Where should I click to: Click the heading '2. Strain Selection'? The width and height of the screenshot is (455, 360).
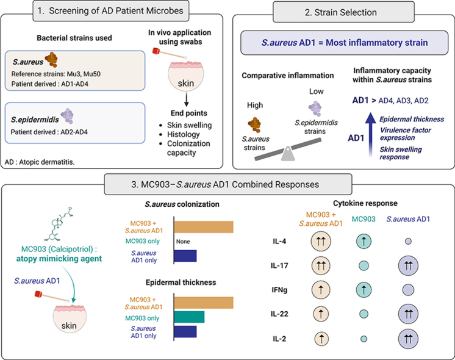[x=341, y=12]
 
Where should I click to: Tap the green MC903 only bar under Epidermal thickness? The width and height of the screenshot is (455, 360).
[x=190, y=317]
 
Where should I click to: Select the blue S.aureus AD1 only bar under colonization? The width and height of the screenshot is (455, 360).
[x=185, y=256]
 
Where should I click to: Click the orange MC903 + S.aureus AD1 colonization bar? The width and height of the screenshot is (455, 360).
[x=204, y=227]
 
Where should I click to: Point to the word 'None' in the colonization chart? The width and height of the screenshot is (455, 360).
[x=183, y=242]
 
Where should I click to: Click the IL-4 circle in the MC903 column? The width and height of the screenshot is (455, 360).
[x=364, y=241]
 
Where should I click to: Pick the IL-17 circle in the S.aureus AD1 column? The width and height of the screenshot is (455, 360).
[x=408, y=265]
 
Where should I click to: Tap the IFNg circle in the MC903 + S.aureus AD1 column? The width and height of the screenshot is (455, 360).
[x=321, y=290]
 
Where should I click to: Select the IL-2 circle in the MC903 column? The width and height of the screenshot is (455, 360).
[x=364, y=339]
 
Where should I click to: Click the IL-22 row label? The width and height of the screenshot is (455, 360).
[x=279, y=314]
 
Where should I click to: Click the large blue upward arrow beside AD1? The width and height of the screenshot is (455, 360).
[x=370, y=134]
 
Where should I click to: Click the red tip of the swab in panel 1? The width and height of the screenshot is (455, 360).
[x=156, y=51]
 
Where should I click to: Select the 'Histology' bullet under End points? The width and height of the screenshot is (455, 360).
[x=184, y=134]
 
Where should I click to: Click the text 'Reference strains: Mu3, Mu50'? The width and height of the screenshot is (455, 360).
[x=56, y=74]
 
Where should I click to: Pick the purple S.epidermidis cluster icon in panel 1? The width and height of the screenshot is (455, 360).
[x=67, y=115]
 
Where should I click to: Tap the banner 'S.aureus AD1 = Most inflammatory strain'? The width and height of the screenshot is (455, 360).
[x=345, y=43]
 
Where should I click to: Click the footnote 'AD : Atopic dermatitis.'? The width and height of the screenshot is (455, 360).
[x=40, y=162]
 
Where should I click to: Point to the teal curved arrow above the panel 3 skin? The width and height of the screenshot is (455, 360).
[x=71, y=283]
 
